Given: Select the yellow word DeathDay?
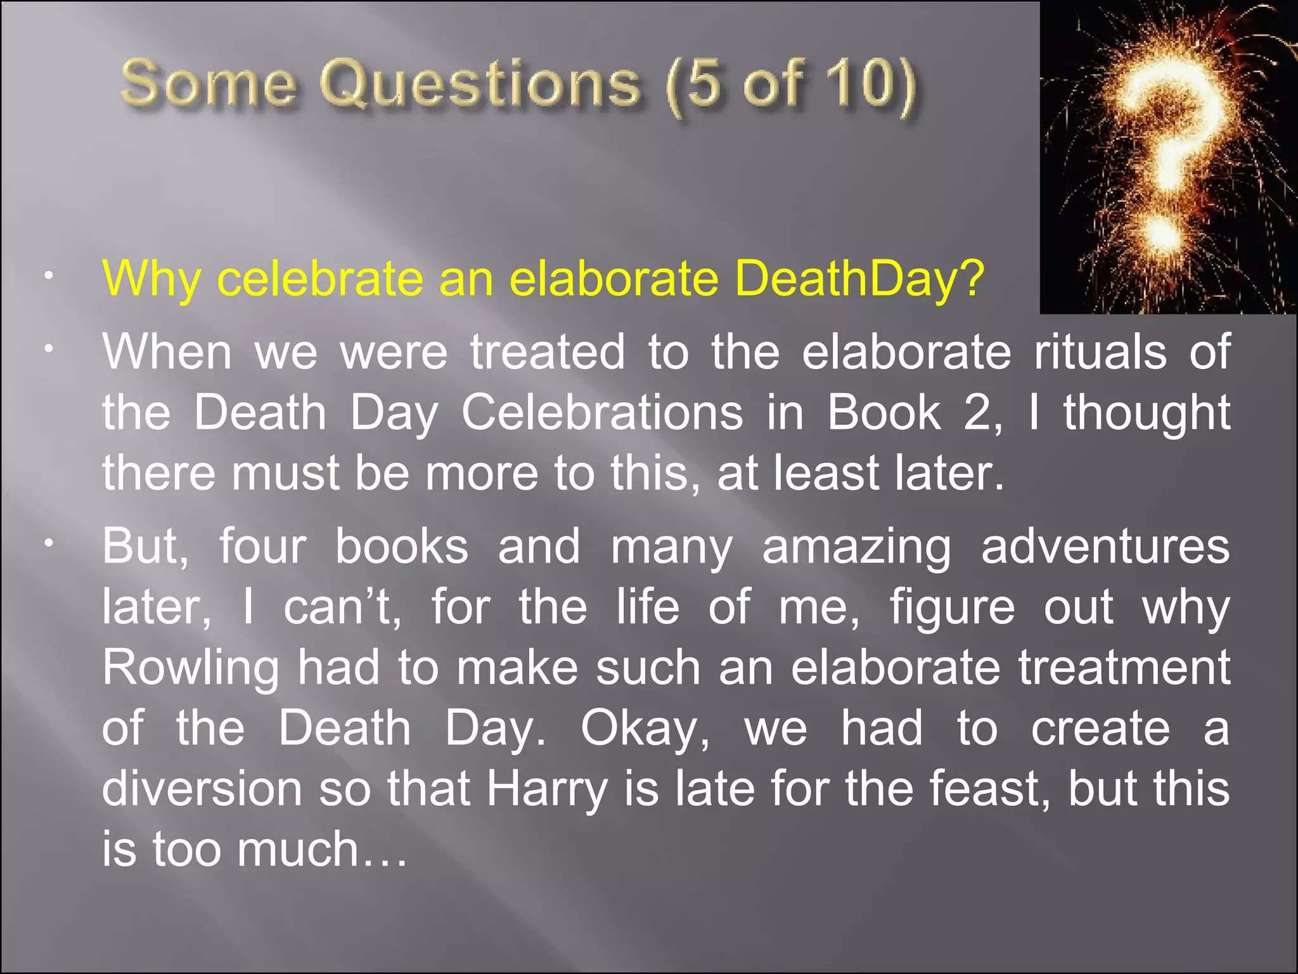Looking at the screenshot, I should tap(859, 279).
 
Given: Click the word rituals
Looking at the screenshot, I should tap(1100, 352).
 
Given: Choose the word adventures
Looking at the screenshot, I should tap(1105, 547).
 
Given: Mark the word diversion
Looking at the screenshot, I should tap(202, 789).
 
